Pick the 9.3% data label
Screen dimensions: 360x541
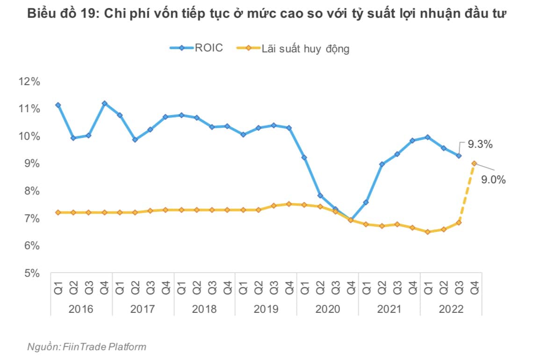480,144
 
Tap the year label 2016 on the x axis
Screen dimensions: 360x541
81,310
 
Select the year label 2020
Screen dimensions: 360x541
327,310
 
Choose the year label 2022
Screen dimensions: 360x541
451,310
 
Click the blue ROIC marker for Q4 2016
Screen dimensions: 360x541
104,103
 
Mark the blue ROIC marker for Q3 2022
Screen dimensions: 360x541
459,156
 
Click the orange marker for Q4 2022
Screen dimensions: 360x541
474,163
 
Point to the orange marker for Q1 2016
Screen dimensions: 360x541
58,212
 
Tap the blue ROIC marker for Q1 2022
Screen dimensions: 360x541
428,137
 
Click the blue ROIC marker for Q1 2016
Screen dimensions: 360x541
58,105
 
